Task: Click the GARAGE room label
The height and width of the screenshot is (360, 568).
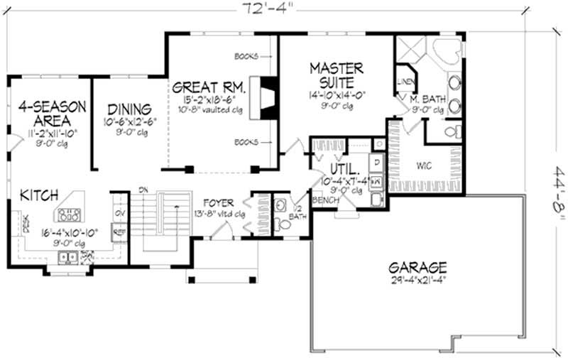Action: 417,268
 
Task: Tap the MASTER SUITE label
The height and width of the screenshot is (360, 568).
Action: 337,75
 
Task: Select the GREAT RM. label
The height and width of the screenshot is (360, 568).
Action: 209,88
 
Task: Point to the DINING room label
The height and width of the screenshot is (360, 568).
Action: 129,109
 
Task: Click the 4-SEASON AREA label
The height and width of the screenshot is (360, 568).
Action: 52,114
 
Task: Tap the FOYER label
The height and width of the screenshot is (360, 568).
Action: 218,203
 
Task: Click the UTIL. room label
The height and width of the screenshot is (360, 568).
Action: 345,170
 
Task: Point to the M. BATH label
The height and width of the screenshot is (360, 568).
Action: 428,99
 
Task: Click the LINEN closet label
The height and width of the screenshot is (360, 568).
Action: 405,81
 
